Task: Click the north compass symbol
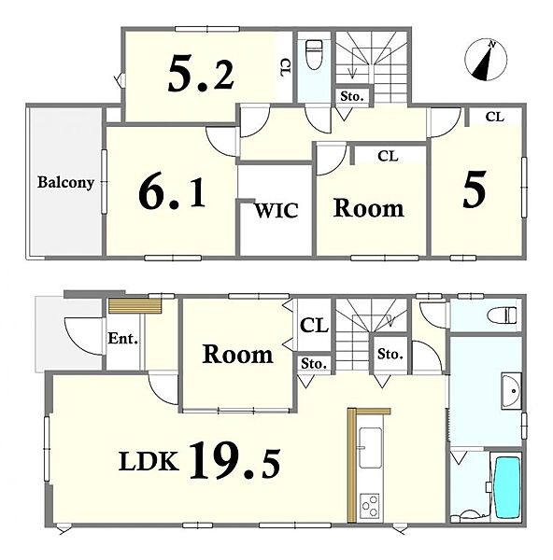tap(486, 60)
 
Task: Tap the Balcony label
tap(65, 183)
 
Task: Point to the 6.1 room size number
tap(172, 193)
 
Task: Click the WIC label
tap(276, 210)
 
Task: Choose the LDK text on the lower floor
tap(149, 461)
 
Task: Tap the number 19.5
tap(234, 460)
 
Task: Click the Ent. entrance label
tap(123, 338)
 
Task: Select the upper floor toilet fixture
tap(315, 54)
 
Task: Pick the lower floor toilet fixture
tap(503, 315)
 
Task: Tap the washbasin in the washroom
tap(511, 391)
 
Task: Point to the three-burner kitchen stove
tap(370, 506)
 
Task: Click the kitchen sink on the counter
tap(370, 448)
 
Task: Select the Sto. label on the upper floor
tap(352, 96)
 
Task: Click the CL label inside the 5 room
tap(495, 117)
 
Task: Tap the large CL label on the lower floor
tap(314, 326)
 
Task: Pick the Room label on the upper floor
tap(369, 208)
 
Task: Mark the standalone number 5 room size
tap(475, 189)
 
